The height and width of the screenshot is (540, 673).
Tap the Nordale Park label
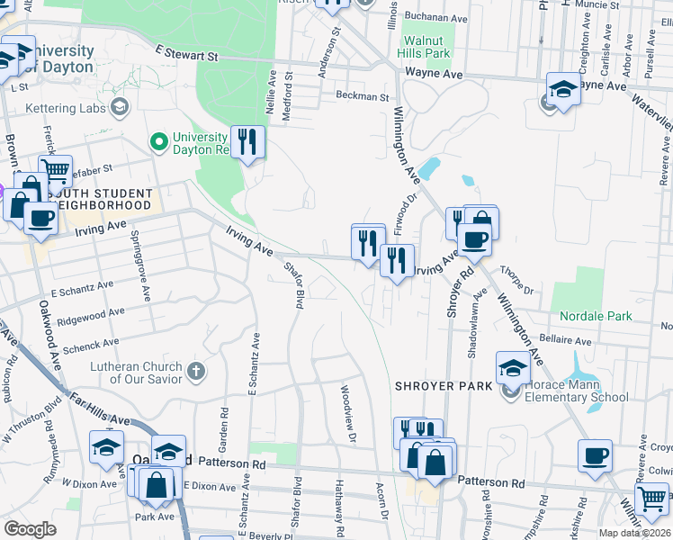click(x=595, y=316)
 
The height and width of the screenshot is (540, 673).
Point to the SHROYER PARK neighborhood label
click(x=444, y=385)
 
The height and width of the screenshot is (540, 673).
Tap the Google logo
click(x=30, y=529)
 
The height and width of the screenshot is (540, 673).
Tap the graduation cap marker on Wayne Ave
click(x=563, y=89)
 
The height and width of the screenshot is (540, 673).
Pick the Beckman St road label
click(x=362, y=95)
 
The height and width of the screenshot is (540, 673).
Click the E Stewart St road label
click(x=187, y=55)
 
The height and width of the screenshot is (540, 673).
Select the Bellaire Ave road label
click(x=565, y=341)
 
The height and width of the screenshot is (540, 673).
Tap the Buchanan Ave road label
click(x=436, y=17)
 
